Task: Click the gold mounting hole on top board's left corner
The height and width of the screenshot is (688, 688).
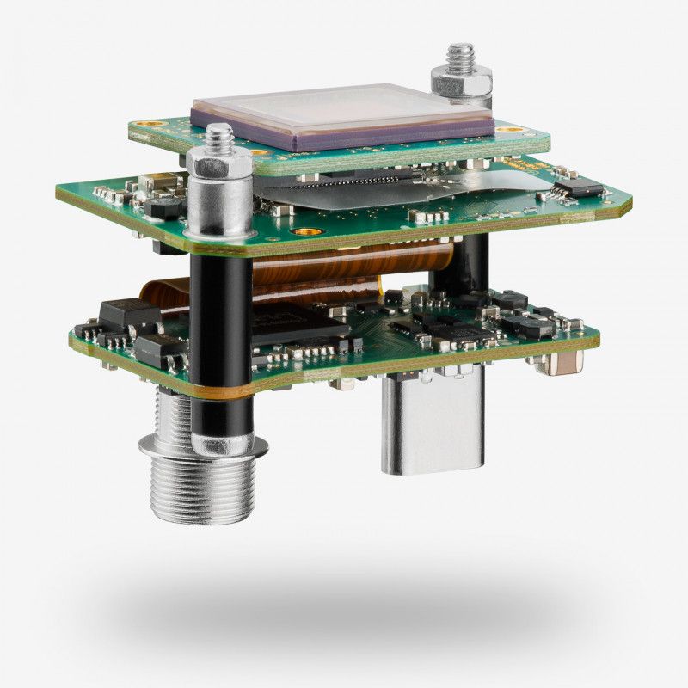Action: pyautogui.click(x=152, y=124)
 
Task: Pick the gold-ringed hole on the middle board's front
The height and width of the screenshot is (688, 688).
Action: pyautogui.click(x=303, y=232)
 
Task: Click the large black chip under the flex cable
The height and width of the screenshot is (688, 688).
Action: pyautogui.click(x=301, y=322)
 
